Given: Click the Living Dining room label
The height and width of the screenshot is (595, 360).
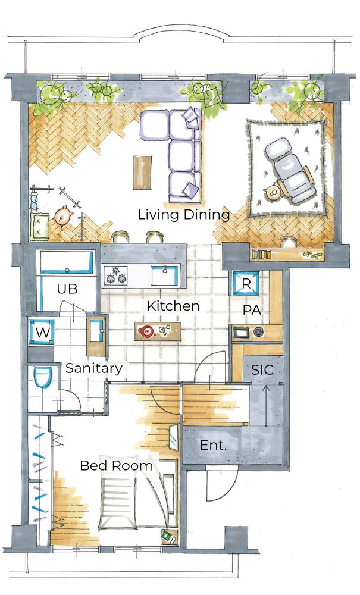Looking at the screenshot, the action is tap(184, 215).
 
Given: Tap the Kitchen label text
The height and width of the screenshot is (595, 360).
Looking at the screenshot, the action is tap(173, 306).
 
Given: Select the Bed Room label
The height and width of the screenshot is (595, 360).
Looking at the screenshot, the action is tap(117, 466).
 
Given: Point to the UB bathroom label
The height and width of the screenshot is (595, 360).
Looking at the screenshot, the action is tap(67, 289).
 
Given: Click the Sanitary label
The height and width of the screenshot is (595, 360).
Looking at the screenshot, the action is tap(94, 368).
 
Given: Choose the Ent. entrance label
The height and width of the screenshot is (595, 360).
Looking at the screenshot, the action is tap(213, 445).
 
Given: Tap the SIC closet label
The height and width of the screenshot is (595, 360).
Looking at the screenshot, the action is tap(262, 369).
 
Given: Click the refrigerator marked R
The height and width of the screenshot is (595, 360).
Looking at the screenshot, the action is tap(246, 283).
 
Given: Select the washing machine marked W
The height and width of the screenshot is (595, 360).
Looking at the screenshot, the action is tap(42, 333).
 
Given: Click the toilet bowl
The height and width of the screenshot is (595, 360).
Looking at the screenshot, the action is tap(42, 377).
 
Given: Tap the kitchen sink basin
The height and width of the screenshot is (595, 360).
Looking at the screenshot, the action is tap(165, 275).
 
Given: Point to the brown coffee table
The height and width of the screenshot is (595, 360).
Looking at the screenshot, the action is tap(142, 173).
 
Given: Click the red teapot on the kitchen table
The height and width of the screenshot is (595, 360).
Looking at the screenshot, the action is tap(146, 331).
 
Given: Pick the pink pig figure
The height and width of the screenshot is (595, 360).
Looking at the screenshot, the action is tap(63, 215).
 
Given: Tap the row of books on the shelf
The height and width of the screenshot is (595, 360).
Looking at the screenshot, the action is tap(262, 254).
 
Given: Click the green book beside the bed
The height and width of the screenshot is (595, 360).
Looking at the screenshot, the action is tap(167, 535).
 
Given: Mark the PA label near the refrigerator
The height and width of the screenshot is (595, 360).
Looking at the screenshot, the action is tap(252, 310).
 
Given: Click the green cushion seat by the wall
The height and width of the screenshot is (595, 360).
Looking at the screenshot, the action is tap(39, 227).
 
